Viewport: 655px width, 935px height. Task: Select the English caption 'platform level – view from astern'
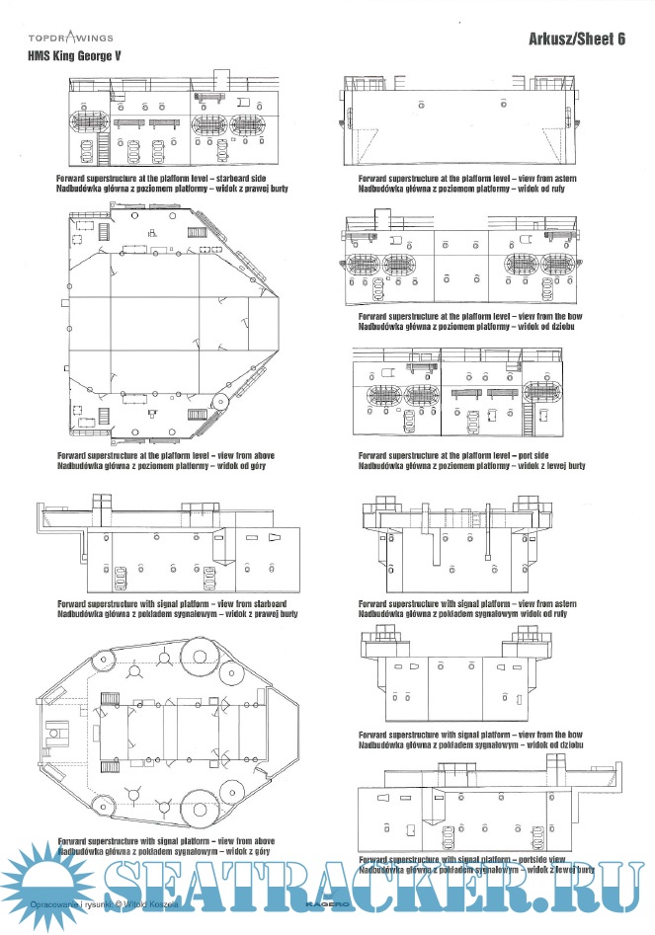point(467,178)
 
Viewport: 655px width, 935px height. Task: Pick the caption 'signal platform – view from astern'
point(467,603)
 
